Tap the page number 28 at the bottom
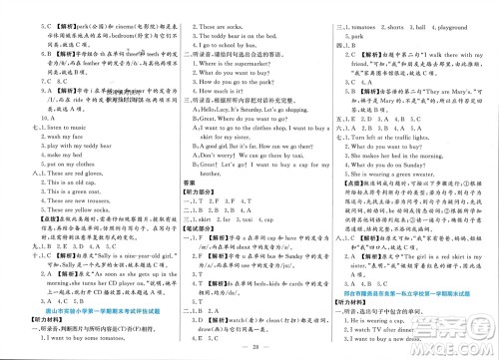[249, 352]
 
